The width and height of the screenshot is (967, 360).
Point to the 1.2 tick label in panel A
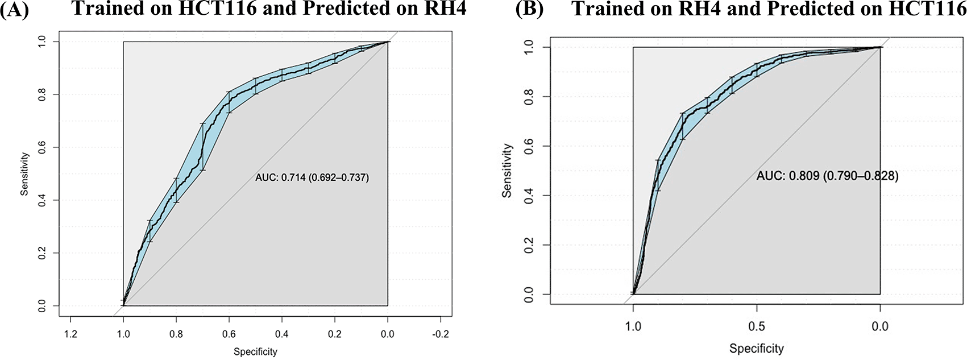click(70, 334)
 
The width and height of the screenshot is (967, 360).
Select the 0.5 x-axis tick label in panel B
click(757, 326)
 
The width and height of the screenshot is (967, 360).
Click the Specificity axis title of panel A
click(255, 352)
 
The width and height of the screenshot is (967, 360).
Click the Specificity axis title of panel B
click(757, 348)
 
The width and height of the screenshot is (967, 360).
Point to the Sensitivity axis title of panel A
click(24, 173)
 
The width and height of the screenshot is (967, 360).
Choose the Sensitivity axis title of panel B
click(507, 171)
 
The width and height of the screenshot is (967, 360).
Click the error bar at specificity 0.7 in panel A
click(202, 146)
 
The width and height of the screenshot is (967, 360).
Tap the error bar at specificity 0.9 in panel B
click(658, 175)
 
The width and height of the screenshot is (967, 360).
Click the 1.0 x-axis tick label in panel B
click(633, 326)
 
